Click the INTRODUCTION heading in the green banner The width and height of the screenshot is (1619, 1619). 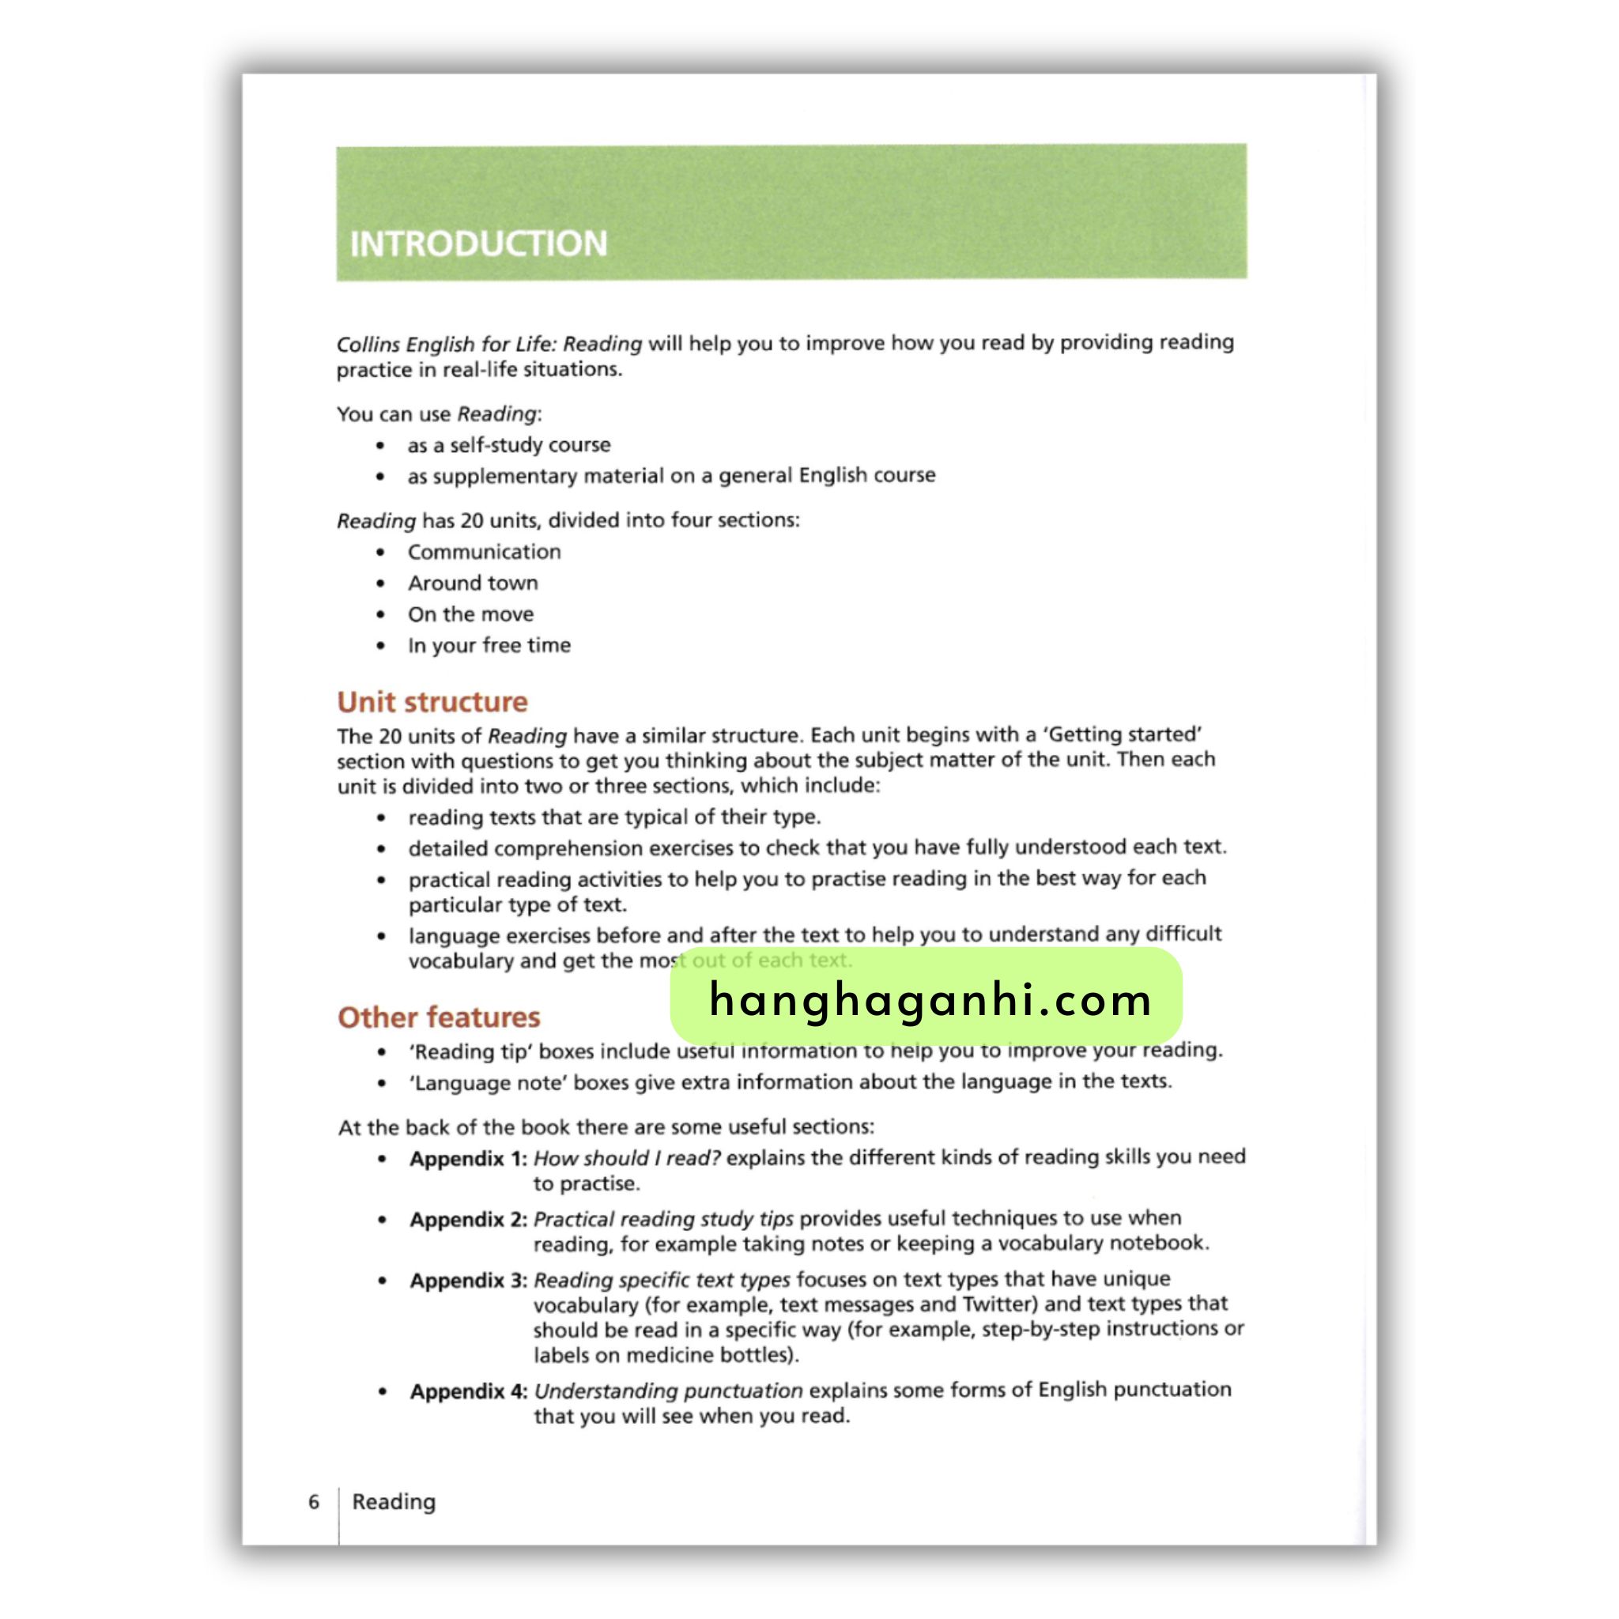click(x=477, y=243)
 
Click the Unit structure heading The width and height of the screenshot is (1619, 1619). click(x=432, y=701)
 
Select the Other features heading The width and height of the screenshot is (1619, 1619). click(x=438, y=1017)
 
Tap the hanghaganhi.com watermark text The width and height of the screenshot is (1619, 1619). click(x=930, y=1000)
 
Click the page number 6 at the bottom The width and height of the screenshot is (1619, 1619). click(x=313, y=1502)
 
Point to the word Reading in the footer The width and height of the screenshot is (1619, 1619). click(x=394, y=1502)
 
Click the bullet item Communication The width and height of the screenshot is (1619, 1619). click(x=485, y=552)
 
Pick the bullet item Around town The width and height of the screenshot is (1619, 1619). click(x=473, y=583)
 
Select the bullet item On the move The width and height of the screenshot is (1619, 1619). click(x=470, y=614)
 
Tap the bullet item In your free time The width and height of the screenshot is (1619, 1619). click(x=489, y=645)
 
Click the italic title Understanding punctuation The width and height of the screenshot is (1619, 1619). click(x=668, y=1391)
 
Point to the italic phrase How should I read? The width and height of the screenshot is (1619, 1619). click(x=627, y=1158)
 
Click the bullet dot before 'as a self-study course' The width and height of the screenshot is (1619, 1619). click(x=380, y=446)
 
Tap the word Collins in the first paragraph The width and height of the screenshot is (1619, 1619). click(x=368, y=345)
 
